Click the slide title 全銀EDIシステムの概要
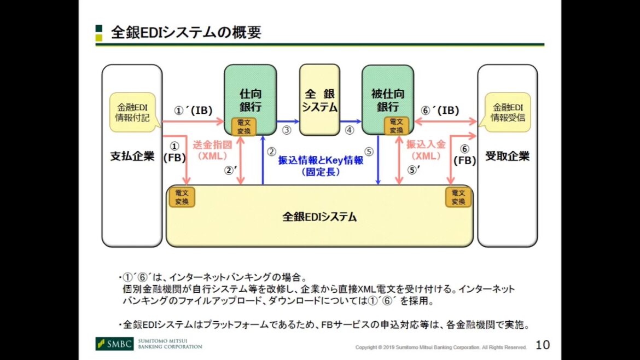[x=186, y=32]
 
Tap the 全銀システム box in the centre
[x=319, y=100]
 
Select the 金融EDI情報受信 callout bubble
[x=507, y=112]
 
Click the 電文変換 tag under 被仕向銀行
[x=397, y=126]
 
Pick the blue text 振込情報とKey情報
[x=321, y=160]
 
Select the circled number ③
[x=287, y=130]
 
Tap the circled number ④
[x=350, y=130]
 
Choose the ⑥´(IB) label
[x=440, y=111]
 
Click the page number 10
[x=542, y=345]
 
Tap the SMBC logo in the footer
[x=114, y=344]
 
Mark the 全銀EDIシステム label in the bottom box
[x=319, y=217]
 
